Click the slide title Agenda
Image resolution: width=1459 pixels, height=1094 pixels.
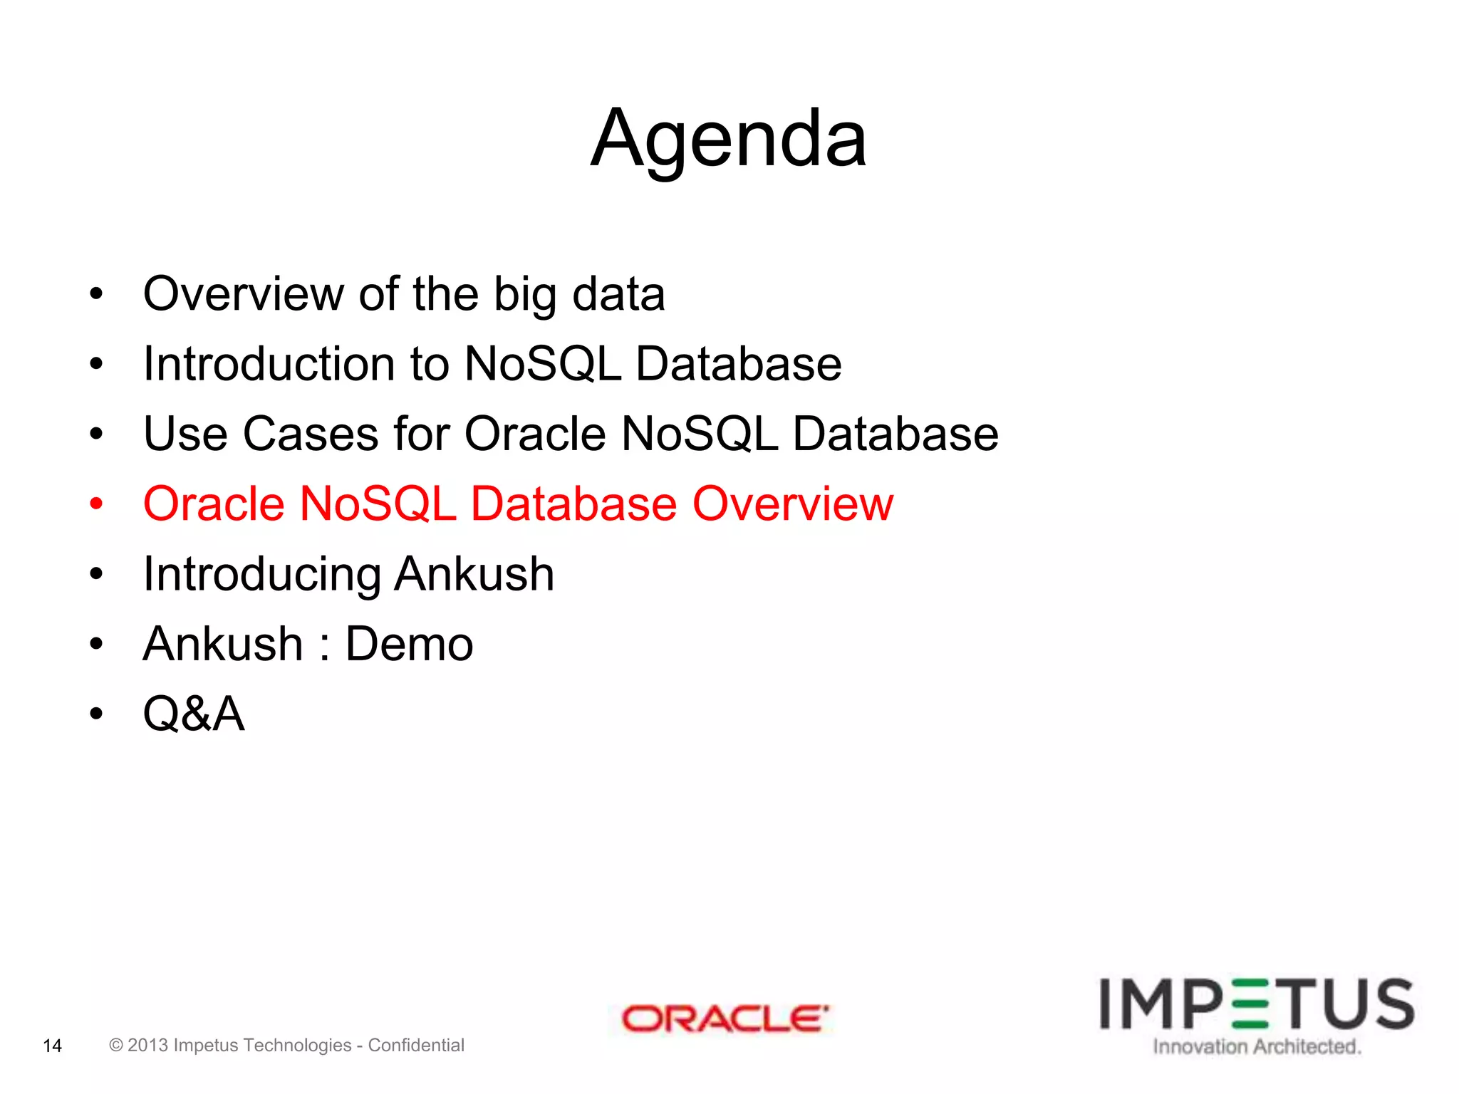(x=729, y=139)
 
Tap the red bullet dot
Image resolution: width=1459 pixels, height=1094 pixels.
(x=97, y=504)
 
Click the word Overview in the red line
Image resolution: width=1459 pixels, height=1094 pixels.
(x=793, y=504)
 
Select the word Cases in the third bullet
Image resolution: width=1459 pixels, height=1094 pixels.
(x=311, y=434)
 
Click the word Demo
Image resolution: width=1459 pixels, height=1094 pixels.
(x=409, y=644)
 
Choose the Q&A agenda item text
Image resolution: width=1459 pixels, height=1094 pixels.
(x=194, y=714)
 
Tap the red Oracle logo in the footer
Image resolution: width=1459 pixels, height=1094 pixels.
(x=725, y=1019)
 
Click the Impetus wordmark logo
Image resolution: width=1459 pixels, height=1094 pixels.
(x=1257, y=1004)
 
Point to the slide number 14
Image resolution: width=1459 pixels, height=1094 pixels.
(x=53, y=1046)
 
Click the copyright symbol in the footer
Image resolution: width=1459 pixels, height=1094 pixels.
(x=116, y=1045)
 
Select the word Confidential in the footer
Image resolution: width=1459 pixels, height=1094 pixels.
(x=416, y=1045)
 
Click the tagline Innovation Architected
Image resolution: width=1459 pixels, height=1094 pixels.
(x=1257, y=1046)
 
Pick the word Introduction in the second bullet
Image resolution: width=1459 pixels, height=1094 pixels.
(x=269, y=364)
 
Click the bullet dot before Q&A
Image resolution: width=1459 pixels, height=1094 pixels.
(x=97, y=714)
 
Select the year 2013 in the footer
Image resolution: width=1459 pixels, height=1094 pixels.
(x=147, y=1045)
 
